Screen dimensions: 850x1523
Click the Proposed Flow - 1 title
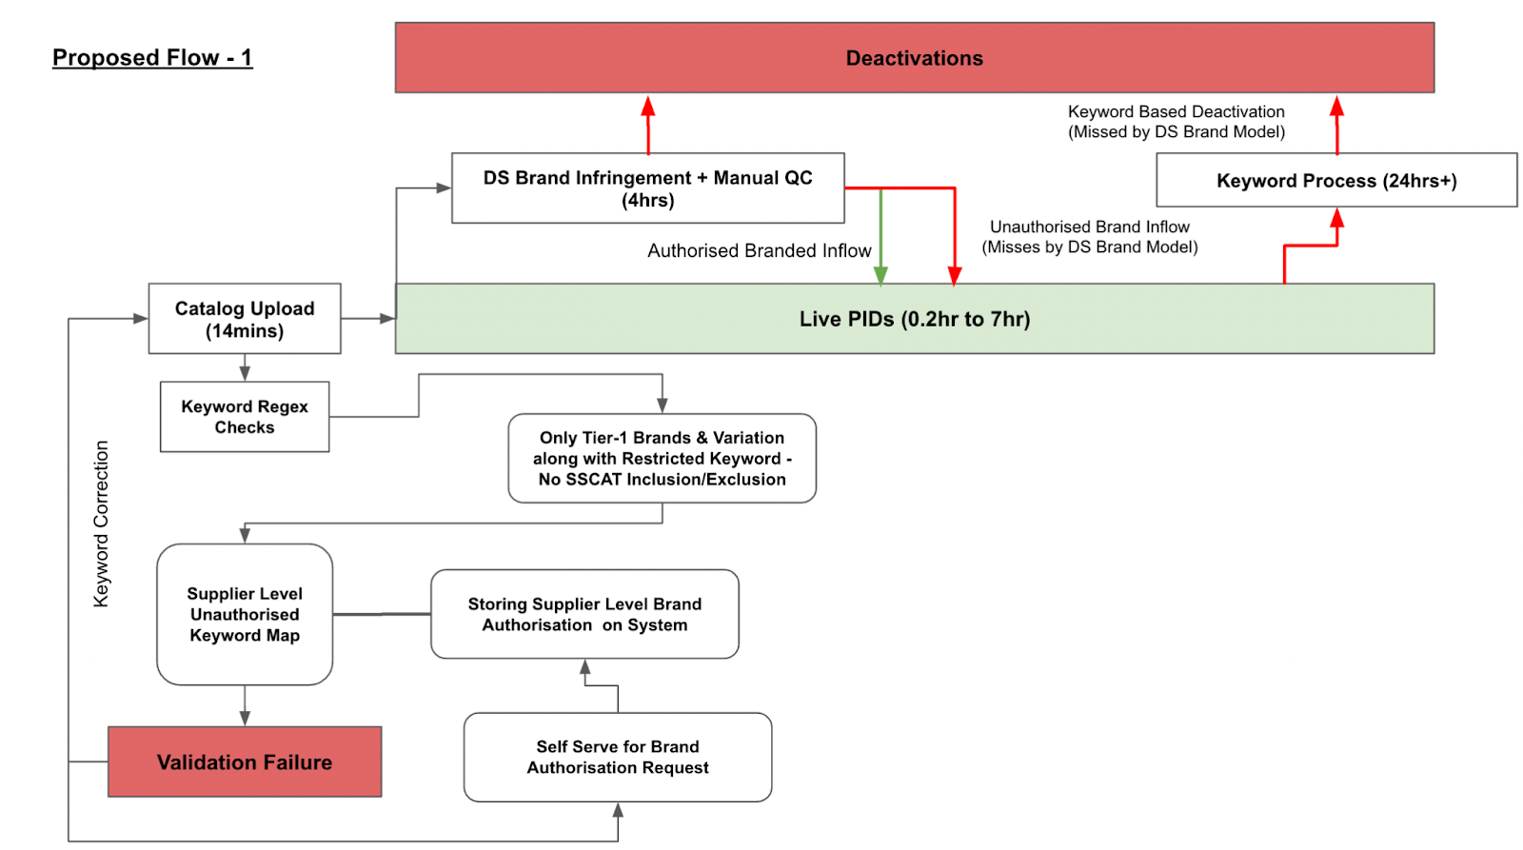click(152, 58)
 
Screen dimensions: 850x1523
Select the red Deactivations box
click(914, 58)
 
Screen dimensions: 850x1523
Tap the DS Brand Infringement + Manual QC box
click(647, 188)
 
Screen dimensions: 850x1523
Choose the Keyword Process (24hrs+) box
click(1336, 180)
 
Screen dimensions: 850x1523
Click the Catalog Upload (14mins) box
click(245, 319)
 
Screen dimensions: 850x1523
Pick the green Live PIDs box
click(914, 319)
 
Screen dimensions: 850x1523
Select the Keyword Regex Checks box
click(245, 417)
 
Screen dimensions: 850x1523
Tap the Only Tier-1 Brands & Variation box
click(662, 458)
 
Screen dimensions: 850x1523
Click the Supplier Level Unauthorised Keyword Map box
click(245, 614)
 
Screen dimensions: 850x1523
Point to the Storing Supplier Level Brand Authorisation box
click(584, 614)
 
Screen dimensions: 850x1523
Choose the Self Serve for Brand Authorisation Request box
click(618, 757)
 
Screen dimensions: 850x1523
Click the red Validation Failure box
click(245, 761)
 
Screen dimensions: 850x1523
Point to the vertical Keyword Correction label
click(101, 524)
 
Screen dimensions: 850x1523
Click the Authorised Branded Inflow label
click(759, 250)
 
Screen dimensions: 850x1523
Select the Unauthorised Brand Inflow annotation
click(1090, 237)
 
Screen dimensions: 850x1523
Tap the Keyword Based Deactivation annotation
click(1177, 122)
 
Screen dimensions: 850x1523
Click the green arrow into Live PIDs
click(880, 238)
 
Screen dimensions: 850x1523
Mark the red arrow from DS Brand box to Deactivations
click(648, 124)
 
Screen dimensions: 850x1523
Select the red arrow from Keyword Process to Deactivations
click(1336, 124)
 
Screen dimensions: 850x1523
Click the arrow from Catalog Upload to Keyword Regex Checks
click(245, 367)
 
